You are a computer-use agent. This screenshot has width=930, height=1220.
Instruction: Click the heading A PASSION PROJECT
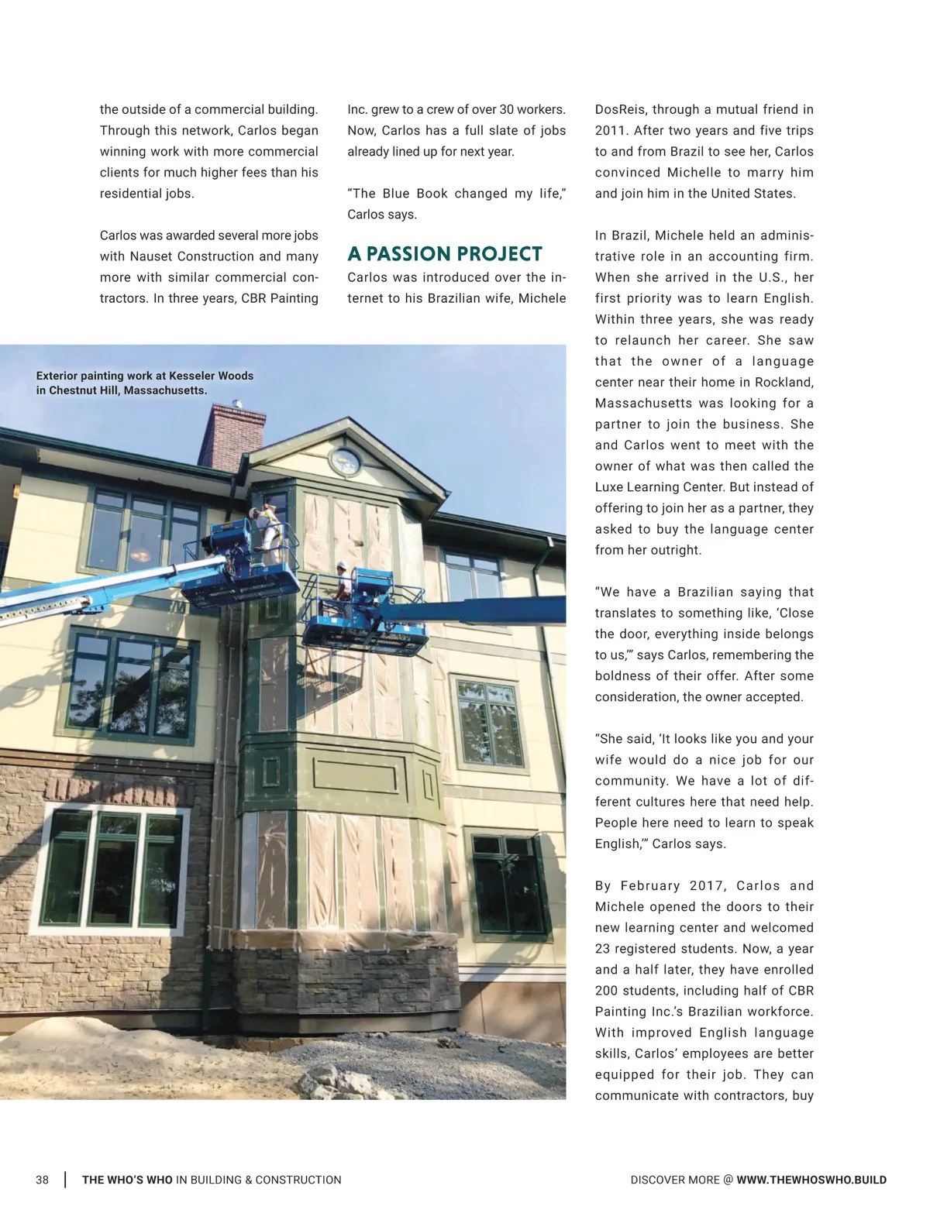tap(444, 254)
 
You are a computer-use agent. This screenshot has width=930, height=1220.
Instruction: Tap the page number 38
tap(42, 1180)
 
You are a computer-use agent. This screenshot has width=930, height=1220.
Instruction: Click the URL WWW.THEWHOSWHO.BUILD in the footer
tap(811, 1180)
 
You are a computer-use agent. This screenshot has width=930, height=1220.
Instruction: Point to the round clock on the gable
tap(346, 461)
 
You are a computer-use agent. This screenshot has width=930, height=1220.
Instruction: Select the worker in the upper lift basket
tap(268, 535)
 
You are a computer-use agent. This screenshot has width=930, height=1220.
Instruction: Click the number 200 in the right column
tap(607, 991)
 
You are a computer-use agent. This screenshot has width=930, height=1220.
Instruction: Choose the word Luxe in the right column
tap(610, 487)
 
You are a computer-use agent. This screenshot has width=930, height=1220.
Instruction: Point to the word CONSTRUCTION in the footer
tap(298, 1180)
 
